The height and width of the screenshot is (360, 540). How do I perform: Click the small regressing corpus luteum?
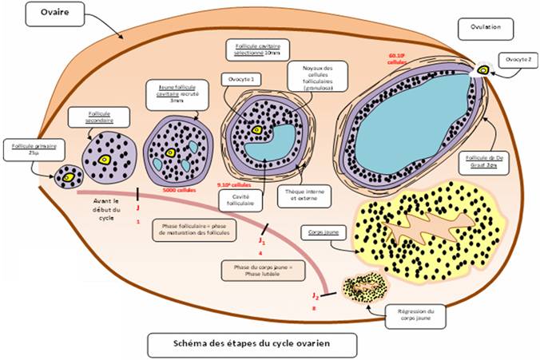[364, 287]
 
